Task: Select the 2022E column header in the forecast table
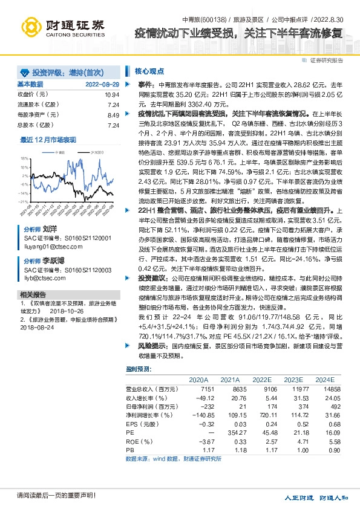click(x=262, y=379)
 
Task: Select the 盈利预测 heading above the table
click(x=139, y=368)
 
